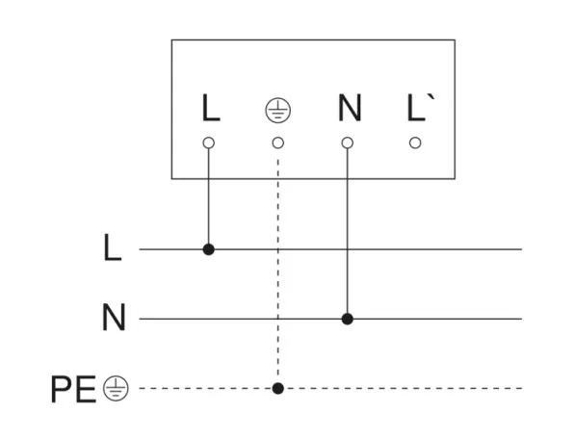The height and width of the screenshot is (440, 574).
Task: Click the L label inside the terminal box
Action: tap(211, 108)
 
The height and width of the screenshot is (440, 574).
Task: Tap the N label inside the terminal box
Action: tap(350, 108)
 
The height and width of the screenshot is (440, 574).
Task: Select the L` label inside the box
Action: tap(421, 108)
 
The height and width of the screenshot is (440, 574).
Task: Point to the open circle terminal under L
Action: tap(209, 142)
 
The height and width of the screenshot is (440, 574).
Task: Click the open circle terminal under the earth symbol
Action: tap(278, 142)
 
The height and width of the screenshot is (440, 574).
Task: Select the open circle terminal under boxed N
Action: tap(348, 142)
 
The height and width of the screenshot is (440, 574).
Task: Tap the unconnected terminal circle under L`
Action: tap(415, 142)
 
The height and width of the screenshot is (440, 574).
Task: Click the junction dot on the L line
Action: tap(209, 249)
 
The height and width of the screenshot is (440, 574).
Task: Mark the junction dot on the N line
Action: tap(348, 319)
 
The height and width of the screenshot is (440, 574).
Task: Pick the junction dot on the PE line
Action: tap(278, 388)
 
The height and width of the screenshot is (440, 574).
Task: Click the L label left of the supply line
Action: tap(113, 247)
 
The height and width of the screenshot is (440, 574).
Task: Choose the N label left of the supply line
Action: tap(114, 317)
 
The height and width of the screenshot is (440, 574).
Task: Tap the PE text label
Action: tap(73, 389)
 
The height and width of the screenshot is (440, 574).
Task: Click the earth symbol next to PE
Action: tap(116, 388)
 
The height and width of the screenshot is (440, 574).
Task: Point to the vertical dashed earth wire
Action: tap(278, 269)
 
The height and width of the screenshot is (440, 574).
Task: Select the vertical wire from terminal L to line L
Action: tap(209, 196)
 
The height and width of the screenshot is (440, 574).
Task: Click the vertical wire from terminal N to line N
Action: tap(348, 231)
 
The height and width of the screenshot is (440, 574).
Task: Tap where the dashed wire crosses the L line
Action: tap(278, 249)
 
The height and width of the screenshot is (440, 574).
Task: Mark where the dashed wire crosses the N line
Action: tap(278, 319)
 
